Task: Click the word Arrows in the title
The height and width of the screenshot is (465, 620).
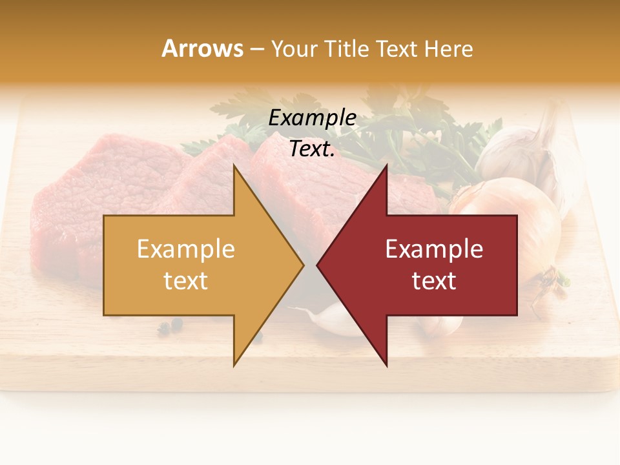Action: click(x=202, y=48)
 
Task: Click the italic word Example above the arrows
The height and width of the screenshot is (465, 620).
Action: click(x=312, y=118)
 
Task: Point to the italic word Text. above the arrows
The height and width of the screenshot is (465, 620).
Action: click(x=312, y=149)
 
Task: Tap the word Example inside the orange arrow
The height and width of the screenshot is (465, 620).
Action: click(x=186, y=249)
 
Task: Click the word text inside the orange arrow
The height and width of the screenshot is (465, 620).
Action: click(x=186, y=281)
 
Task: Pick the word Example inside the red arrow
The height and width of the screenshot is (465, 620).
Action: click(x=434, y=249)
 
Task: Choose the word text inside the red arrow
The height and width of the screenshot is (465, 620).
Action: click(x=434, y=281)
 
